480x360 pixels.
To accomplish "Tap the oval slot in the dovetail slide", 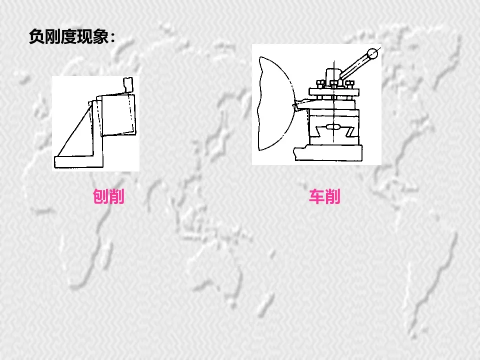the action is coord(332,127).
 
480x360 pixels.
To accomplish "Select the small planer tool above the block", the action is coord(127,85).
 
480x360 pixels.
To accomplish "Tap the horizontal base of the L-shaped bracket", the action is coord(95,161).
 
